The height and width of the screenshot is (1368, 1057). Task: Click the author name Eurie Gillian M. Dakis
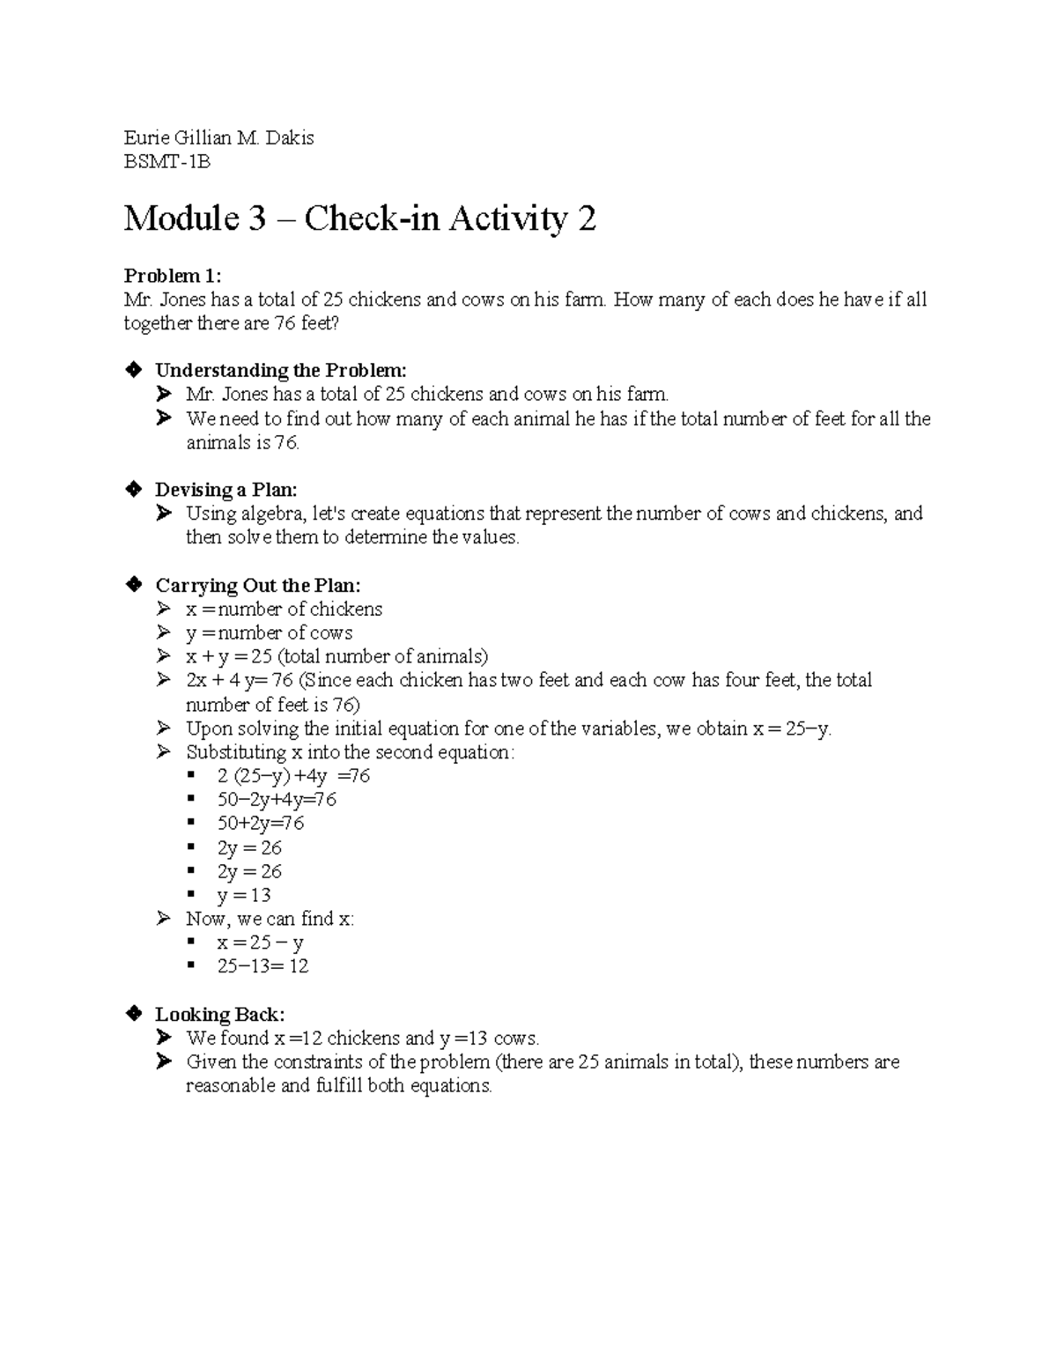pos(218,138)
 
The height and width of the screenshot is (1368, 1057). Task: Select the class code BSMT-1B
pos(167,162)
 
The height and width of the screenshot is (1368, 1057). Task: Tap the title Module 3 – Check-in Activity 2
pos(359,218)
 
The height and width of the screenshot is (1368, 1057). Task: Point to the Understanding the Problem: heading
pos(281,370)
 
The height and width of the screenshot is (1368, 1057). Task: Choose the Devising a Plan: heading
pos(226,490)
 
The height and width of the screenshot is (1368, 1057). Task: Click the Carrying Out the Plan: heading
pos(258,586)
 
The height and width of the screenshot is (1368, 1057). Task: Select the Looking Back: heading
pos(219,1014)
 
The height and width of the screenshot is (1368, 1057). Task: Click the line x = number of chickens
pos(284,610)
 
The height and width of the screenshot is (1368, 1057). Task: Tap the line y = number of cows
pos(269,633)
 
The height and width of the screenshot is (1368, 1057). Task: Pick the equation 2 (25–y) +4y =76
pos(293,776)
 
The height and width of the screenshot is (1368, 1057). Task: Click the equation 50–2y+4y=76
pos(277,800)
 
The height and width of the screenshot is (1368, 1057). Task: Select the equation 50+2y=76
pos(261,824)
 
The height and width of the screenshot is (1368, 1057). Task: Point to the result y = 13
pos(244,895)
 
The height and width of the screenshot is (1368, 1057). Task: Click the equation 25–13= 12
pos(262,966)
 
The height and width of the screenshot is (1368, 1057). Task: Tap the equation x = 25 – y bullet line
pos(260,943)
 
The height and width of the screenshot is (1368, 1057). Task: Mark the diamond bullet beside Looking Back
pos(134,1013)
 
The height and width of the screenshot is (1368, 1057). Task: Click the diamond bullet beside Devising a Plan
pos(134,489)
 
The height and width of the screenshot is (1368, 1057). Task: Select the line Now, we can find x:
pos(270,919)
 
